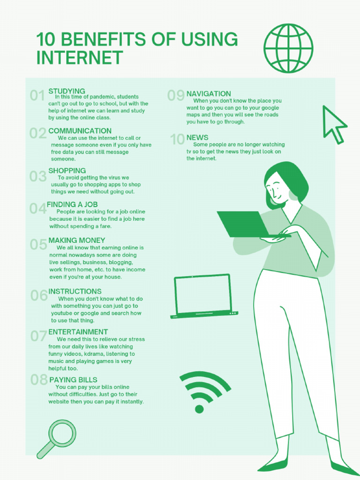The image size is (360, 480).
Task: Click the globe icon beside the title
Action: coord(288,48)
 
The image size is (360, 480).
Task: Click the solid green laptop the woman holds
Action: coord(244,224)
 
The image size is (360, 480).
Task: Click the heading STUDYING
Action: coord(67,91)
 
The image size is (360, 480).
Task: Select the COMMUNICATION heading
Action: coord(80,131)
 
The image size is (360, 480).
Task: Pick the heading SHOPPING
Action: coord(67,171)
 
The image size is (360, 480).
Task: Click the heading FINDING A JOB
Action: coord(72,204)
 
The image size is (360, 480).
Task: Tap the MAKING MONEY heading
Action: coord(77,240)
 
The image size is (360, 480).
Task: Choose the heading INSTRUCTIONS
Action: coord(75,291)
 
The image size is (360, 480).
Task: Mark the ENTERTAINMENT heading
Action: coord(78,332)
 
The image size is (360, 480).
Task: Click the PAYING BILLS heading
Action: coord(73,380)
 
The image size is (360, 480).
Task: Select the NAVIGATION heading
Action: coord(209,94)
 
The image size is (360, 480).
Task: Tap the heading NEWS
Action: coord(197,137)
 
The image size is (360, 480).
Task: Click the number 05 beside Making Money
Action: coord(38,244)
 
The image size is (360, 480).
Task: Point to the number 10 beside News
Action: coord(177,139)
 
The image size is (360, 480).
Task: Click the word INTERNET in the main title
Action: coord(80,58)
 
